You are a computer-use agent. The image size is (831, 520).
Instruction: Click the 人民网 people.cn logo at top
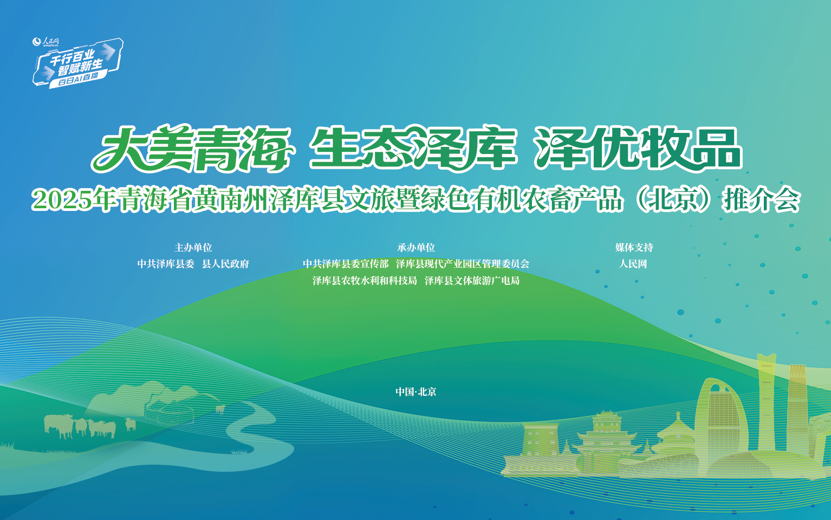click(46, 41)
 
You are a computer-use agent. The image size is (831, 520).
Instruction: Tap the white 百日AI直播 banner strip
click(78, 79)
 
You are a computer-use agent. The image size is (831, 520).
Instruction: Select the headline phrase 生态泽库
click(412, 149)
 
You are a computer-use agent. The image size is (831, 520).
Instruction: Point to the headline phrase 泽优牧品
click(638, 149)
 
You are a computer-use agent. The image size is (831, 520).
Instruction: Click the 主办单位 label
click(193, 248)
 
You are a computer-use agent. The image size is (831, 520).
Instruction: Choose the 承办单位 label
click(415, 248)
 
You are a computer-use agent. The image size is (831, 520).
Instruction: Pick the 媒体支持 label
click(634, 248)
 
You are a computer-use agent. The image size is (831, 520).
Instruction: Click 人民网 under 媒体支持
click(633, 264)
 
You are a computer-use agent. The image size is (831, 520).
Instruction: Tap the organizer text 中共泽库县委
click(165, 264)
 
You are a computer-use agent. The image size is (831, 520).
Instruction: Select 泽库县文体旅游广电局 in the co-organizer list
click(472, 281)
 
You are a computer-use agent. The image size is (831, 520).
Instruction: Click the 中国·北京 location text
click(415, 392)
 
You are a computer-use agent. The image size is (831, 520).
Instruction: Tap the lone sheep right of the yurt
click(220, 409)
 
